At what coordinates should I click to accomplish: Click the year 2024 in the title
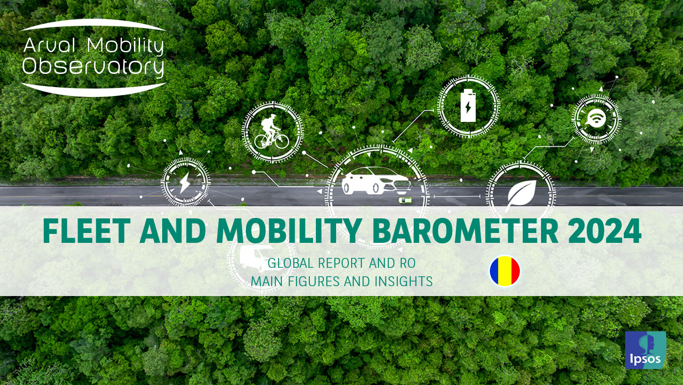604,231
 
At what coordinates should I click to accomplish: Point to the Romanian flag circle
505,271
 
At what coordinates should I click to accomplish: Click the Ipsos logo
645,350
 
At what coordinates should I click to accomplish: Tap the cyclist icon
271,132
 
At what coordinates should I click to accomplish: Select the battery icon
468,105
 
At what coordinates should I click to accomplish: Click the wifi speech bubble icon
596,119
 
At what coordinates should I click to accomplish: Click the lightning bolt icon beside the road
185,183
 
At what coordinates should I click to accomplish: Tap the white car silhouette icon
376,180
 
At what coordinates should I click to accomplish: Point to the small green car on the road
405,201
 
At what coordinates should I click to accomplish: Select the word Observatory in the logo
93,66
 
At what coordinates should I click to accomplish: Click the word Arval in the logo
49,46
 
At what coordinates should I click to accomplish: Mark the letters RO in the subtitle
408,263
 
